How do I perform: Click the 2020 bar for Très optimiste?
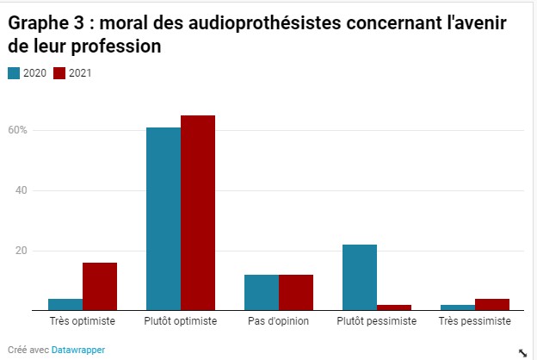click(x=65, y=304)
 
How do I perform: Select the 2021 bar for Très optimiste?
click(x=100, y=286)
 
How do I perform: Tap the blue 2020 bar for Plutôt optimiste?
click(x=164, y=219)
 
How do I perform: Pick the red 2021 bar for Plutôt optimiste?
click(x=198, y=213)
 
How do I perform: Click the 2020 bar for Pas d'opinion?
click(x=262, y=292)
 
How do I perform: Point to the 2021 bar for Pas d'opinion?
click(x=296, y=292)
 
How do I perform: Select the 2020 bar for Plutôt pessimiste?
click(x=360, y=277)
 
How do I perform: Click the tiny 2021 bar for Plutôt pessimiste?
click(x=394, y=307)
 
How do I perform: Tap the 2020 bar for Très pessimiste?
click(x=458, y=307)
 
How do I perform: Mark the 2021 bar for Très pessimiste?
click(x=492, y=304)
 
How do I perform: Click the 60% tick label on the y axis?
click(x=19, y=130)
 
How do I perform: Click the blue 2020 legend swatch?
click(x=14, y=73)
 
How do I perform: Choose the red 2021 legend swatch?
click(x=59, y=73)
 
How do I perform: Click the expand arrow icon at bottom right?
click(x=522, y=351)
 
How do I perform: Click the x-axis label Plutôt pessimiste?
click(x=377, y=321)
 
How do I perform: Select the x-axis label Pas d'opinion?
click(x=279, y=321)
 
